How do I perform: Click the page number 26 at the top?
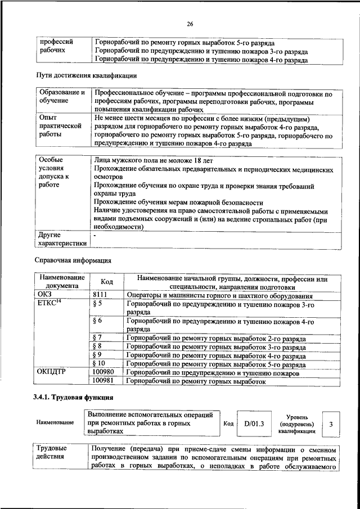point(190,23)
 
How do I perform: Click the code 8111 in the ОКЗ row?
point(100,295)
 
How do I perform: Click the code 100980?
point(103,372)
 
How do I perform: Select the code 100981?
point(103,381)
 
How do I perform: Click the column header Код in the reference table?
point(107,282)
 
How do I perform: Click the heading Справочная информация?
point(73,260)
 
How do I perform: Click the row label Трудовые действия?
point(52,453)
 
